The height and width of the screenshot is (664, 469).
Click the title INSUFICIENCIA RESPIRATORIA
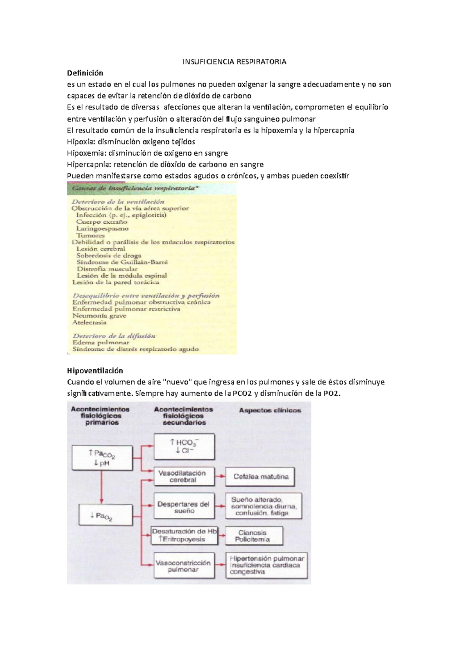[x=234, y=62]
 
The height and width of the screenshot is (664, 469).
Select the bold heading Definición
[x=85, y=73]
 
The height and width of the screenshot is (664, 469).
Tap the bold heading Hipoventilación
[x=95, y=371]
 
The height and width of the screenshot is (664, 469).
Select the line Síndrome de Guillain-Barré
[x=122, y=262]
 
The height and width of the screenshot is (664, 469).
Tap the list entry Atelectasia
[x=90, y=323]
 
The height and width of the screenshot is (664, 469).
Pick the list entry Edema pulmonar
[x=101, y=343]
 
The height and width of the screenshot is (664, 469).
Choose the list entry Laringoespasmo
[x=102, y=228]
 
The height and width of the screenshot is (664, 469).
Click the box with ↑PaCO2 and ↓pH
[x=102, y=458]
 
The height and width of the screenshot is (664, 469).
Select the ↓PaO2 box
[x=102, y=515]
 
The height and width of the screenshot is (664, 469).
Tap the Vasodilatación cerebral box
[x=184, y=476]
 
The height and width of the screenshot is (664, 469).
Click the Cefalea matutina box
[x=260, y=477]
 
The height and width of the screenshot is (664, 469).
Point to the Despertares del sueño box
[x=184, y=507]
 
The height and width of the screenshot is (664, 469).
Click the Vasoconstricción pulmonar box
[x=184, y=566]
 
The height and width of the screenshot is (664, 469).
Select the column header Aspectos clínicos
[x=270, y=410]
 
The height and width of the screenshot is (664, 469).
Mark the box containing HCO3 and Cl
[x=184, y=446]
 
